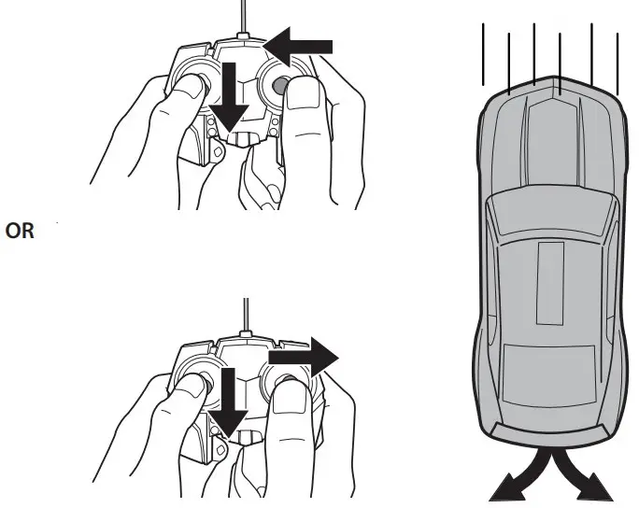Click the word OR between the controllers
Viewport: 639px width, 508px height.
[21, 232]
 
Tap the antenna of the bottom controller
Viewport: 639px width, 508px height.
[245, 318]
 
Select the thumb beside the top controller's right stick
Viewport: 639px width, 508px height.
[304, 97]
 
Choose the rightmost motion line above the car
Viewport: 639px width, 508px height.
[618, 61]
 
